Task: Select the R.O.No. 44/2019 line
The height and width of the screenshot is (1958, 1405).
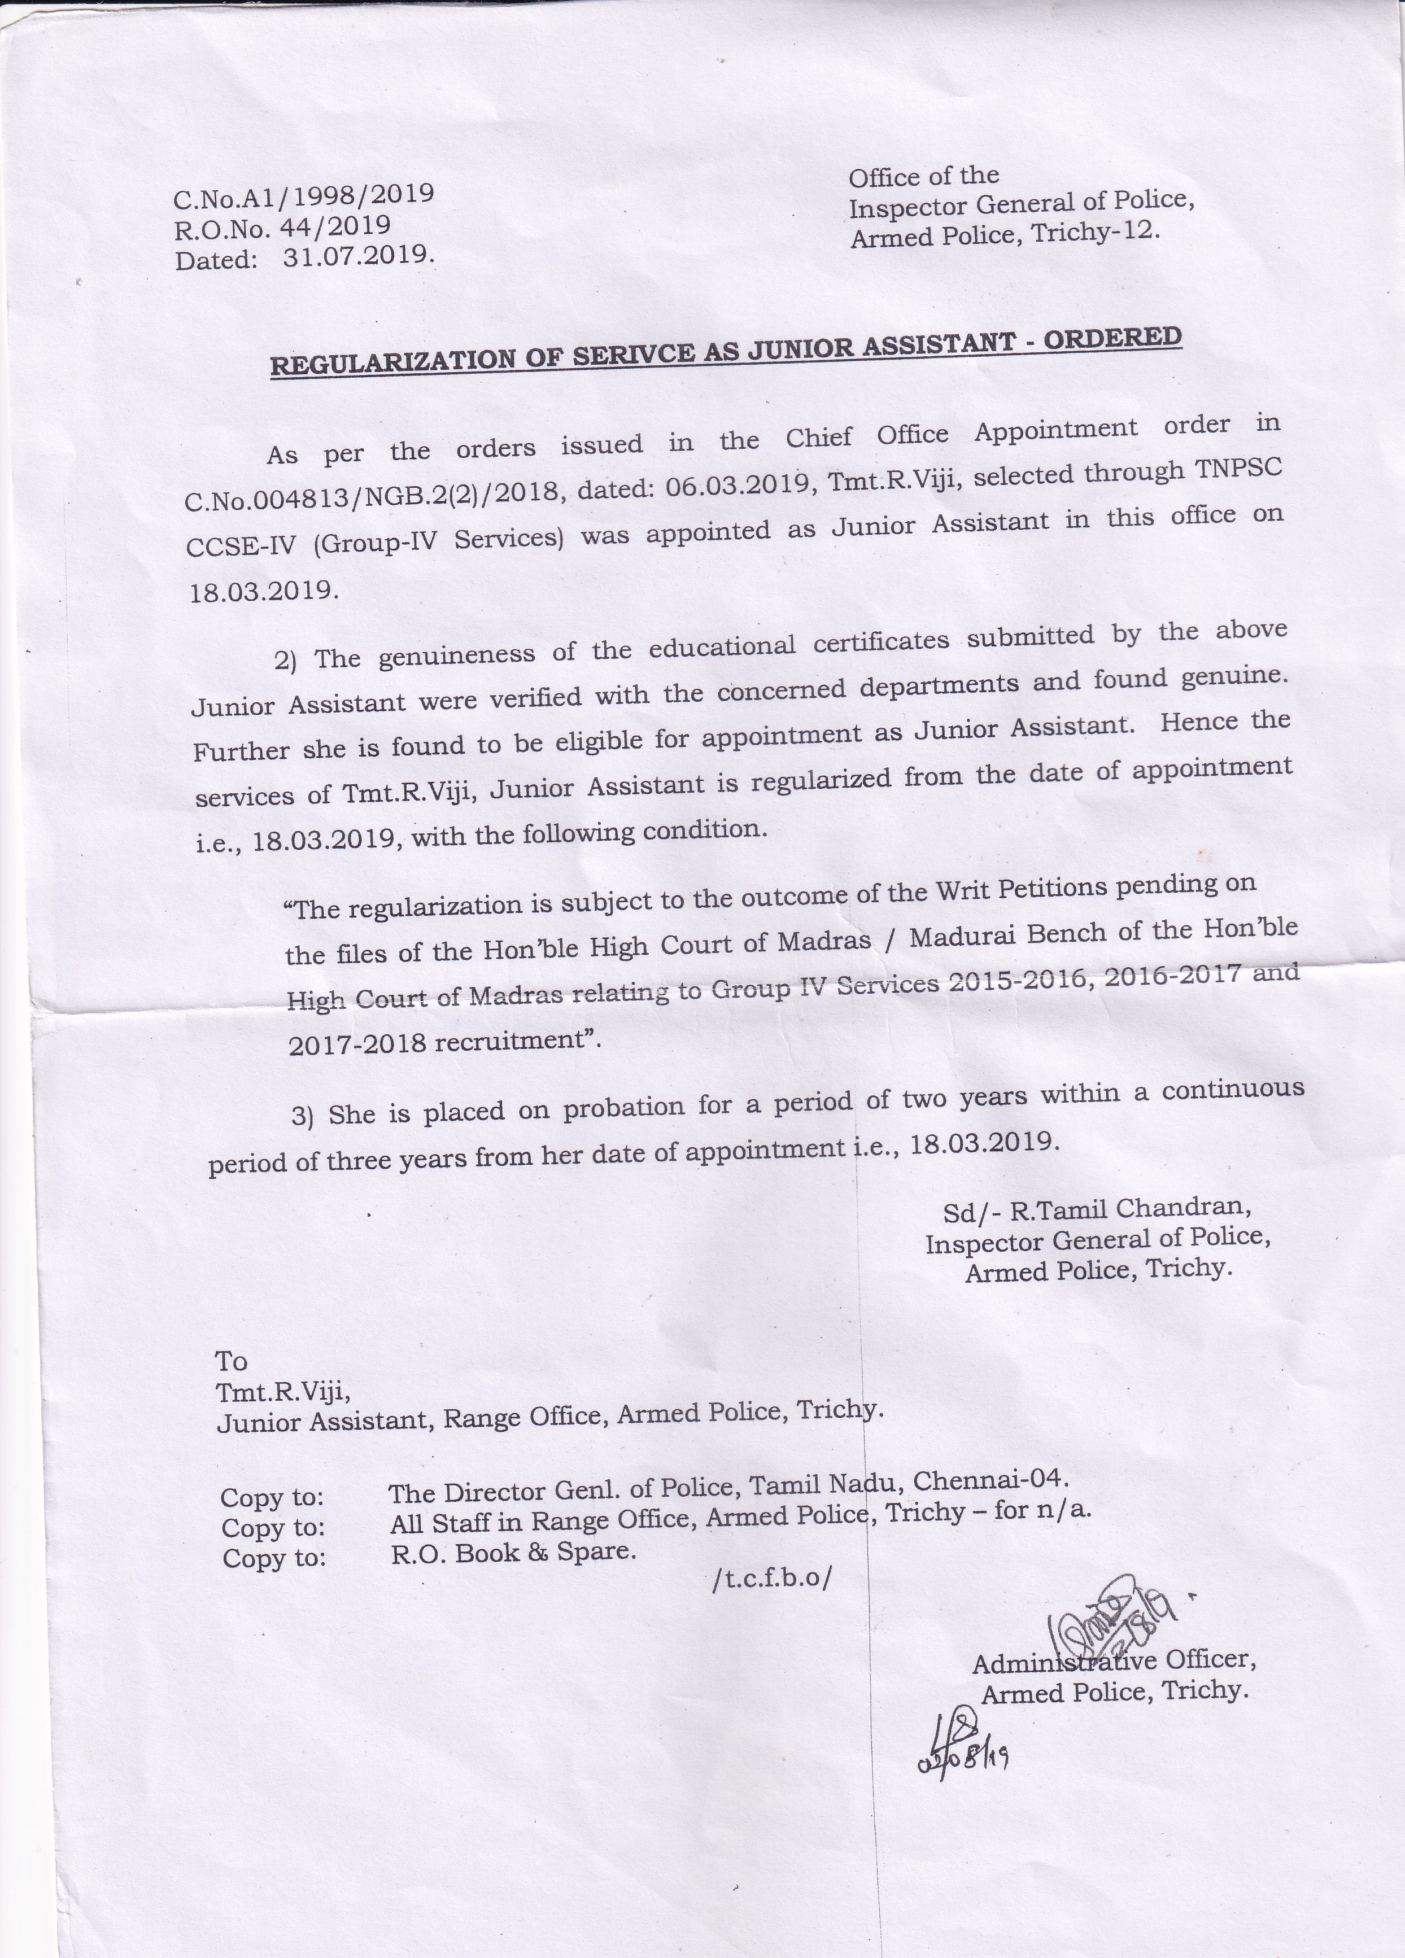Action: (x=282, y=228)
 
